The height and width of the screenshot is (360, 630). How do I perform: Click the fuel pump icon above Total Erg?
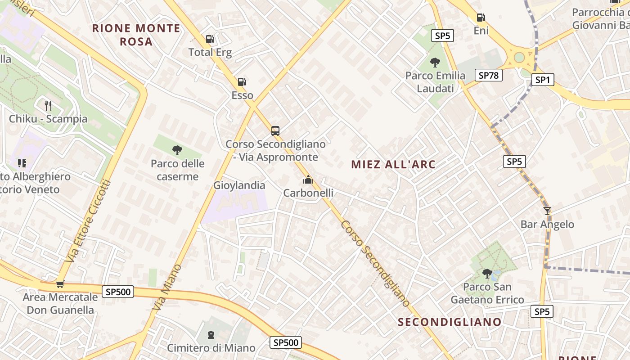tap(210, 39)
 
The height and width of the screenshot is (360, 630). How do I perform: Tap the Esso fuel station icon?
tap(242, 82)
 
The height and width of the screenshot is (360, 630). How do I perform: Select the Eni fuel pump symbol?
tap(481, 18)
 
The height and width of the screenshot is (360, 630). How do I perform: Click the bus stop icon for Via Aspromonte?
tap(275, 131)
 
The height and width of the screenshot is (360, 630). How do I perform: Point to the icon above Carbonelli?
tap(308, 180)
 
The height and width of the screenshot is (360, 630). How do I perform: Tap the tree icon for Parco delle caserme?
tap(177, 150)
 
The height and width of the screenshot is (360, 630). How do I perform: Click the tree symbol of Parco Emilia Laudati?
tap(435, 63)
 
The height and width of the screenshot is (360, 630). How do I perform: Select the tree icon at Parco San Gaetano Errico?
tap(487, 273)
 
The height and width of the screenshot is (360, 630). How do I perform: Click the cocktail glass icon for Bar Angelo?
tap(547, 211)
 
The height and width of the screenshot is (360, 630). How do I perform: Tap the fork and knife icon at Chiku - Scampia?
tap(48, 106)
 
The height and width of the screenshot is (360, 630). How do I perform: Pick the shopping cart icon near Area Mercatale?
tap(60, 284)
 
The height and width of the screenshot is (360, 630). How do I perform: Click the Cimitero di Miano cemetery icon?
tap(211, 334)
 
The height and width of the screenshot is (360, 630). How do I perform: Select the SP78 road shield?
tap(489, 75)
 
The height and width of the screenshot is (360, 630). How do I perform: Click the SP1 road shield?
tap(542, 80)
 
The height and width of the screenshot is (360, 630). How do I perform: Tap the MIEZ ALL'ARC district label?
tap(393, 164)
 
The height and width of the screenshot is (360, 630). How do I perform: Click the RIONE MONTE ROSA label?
tap(136, 35)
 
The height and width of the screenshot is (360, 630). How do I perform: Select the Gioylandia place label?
tap(239, 185)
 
